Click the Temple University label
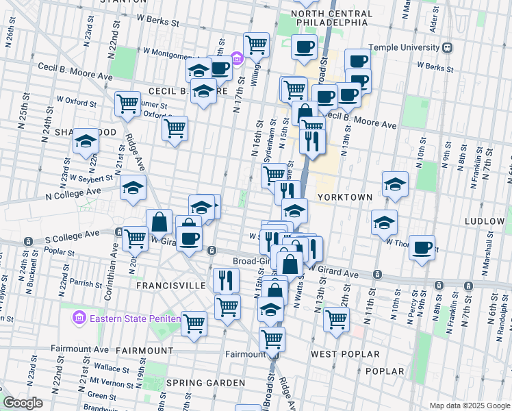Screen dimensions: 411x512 coord(403,47)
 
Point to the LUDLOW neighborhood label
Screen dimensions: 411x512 coord(484,222)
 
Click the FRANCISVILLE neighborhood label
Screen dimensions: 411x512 coord(171,285)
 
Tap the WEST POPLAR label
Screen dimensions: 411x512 coord(345,354)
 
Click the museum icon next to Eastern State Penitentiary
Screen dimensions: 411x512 coord(78,319)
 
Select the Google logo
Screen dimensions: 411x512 coord(23,403)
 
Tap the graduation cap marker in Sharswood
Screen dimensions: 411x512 coord(86,141)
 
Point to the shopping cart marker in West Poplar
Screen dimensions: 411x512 coord(336,319)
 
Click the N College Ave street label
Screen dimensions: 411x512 coord(75,192)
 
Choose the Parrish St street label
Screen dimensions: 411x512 coord(86,283)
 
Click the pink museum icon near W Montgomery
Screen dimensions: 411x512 coord(237,59)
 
